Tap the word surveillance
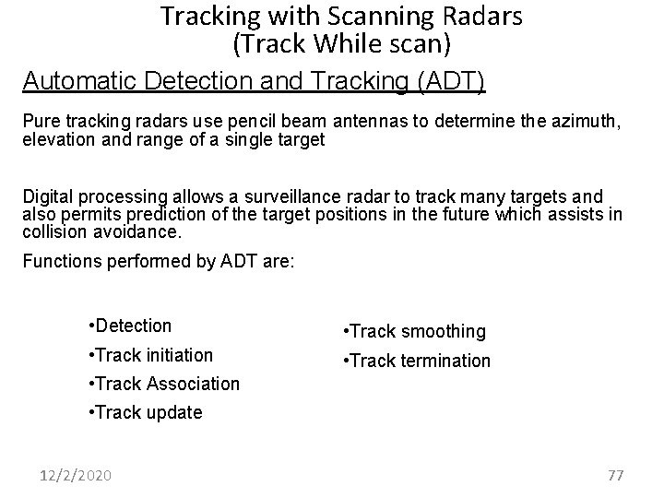click(285, 197)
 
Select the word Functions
click(59, 261)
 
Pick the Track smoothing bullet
click(413, 331)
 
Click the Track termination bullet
click(416, 361)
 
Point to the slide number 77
click(616, 475)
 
